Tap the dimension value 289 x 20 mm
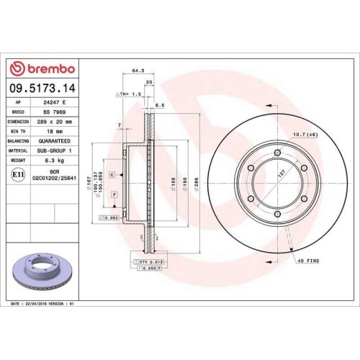click(58, 122)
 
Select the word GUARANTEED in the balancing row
click(58, 141)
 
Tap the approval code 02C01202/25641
click(58, 176)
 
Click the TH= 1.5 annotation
click(125, 94)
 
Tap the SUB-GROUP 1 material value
click(58, 150)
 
